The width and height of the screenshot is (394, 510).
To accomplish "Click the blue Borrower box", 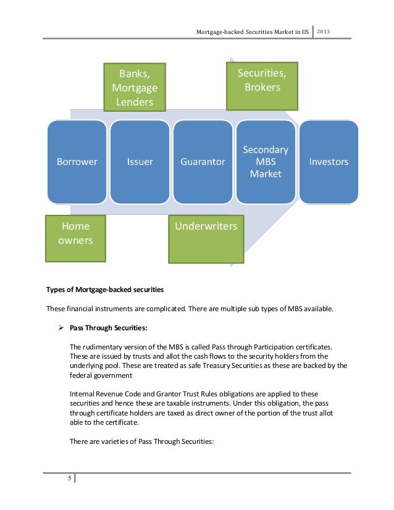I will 77,162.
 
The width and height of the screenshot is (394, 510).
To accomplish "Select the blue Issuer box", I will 140,162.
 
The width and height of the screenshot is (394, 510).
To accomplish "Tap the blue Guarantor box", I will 203,162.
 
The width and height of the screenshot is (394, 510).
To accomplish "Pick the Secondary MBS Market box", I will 266,162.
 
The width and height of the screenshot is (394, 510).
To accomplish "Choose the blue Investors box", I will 329,162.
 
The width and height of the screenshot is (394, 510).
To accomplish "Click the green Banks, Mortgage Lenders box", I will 135,88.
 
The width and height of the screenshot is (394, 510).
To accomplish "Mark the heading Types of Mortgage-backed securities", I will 106,290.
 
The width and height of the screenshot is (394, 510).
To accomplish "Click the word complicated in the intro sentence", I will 157,309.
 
